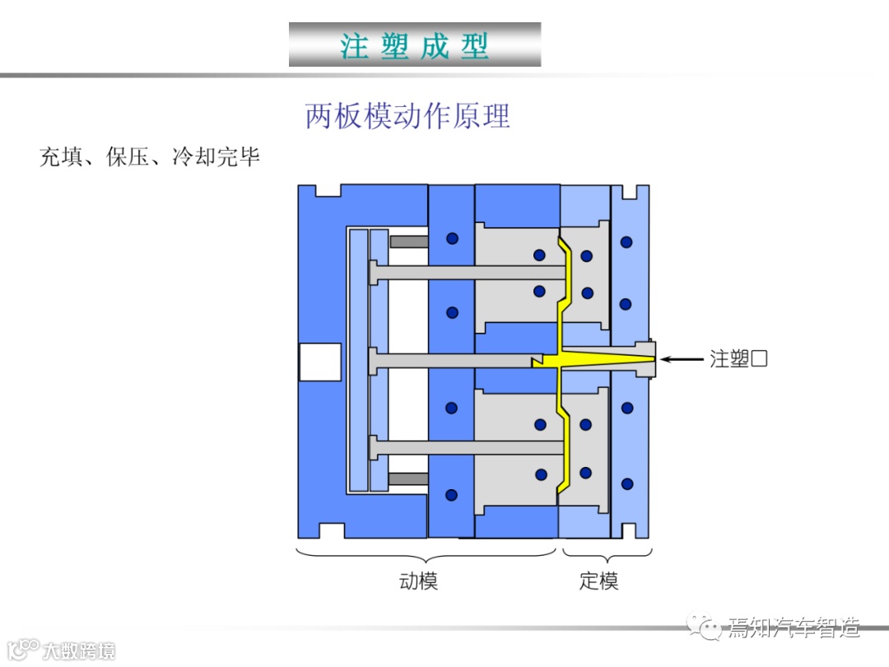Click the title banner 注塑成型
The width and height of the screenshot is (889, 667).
415,44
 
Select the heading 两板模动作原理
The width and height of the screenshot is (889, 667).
407,116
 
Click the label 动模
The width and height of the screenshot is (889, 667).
418,581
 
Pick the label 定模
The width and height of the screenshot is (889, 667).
598,581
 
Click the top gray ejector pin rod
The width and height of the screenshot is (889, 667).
469,273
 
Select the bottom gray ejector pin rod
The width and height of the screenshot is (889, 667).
469,448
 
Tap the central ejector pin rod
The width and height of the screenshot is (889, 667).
453,360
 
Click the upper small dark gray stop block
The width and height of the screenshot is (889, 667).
408,241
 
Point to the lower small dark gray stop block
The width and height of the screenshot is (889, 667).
408,478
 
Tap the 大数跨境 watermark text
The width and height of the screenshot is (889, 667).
79,650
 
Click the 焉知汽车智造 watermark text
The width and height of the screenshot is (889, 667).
794,628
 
